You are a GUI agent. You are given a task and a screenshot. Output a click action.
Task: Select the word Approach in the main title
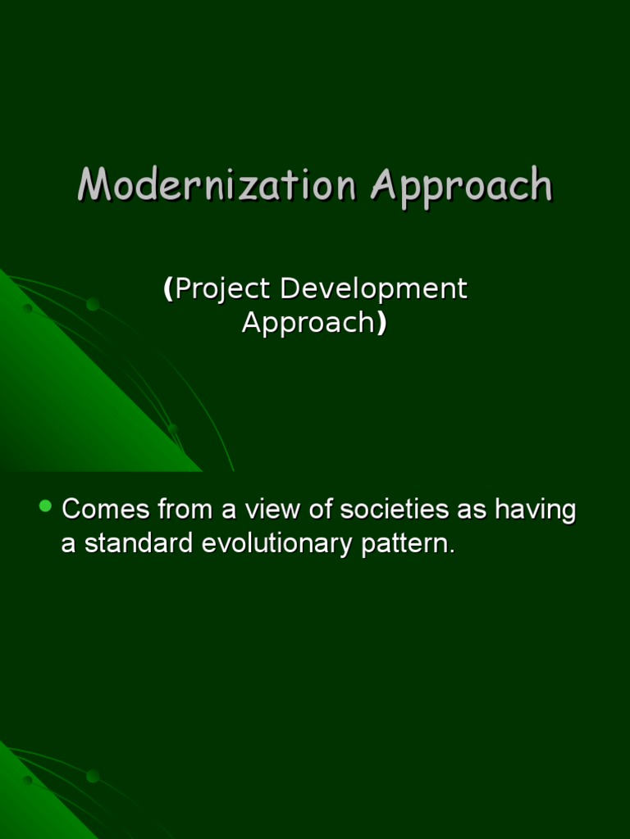460,186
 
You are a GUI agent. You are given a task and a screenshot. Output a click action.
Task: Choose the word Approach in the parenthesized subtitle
308,324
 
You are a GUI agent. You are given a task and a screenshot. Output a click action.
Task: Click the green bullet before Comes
46,506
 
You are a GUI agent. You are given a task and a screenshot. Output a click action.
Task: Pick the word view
273,510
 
